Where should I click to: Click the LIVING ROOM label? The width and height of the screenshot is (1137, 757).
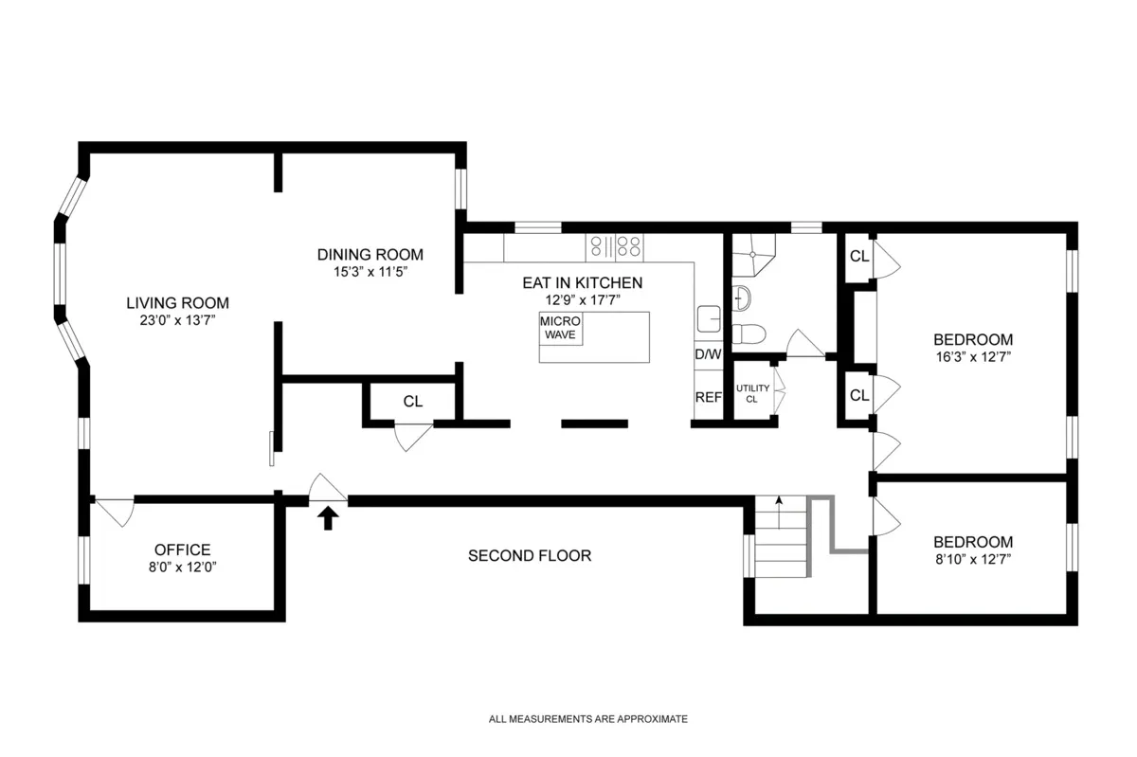pos(178,303)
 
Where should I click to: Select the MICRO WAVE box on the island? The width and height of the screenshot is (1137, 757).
pos(561,329)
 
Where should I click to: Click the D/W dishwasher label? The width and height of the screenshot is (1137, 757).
pos(708,354)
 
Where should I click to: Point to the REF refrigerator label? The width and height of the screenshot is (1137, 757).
pos(708,398)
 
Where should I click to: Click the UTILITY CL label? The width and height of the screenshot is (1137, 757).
pos(752,393)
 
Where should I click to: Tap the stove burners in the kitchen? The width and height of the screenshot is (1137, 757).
pos(616,247)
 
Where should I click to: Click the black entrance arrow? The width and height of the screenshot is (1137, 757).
pos(329,517)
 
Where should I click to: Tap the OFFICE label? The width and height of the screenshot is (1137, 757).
pos(182,550)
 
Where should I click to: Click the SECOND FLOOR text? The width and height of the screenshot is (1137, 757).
pos(530,555)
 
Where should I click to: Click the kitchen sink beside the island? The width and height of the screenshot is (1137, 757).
pos(707,317)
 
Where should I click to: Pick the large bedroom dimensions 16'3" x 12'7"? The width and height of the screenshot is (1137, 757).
pos(973,357)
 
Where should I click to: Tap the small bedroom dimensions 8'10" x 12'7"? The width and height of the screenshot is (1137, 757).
pos(973,559)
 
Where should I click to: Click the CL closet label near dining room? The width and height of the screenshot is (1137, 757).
pos(412,402)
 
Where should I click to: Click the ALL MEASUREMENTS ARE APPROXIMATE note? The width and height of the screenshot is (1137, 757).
pos(587,719)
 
